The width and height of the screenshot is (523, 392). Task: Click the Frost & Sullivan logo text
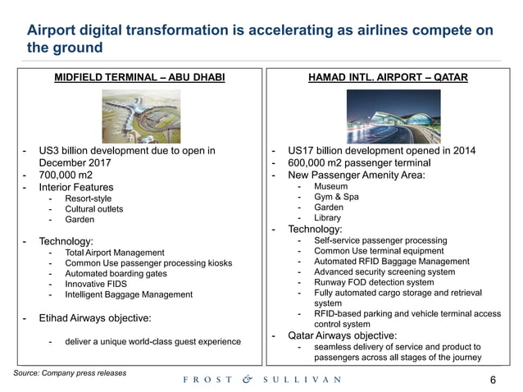261,380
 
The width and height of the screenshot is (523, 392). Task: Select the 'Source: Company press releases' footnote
70,372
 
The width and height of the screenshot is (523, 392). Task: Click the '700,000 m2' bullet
68,175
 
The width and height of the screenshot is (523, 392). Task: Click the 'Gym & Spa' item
337,198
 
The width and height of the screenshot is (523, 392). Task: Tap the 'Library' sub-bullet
330,218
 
